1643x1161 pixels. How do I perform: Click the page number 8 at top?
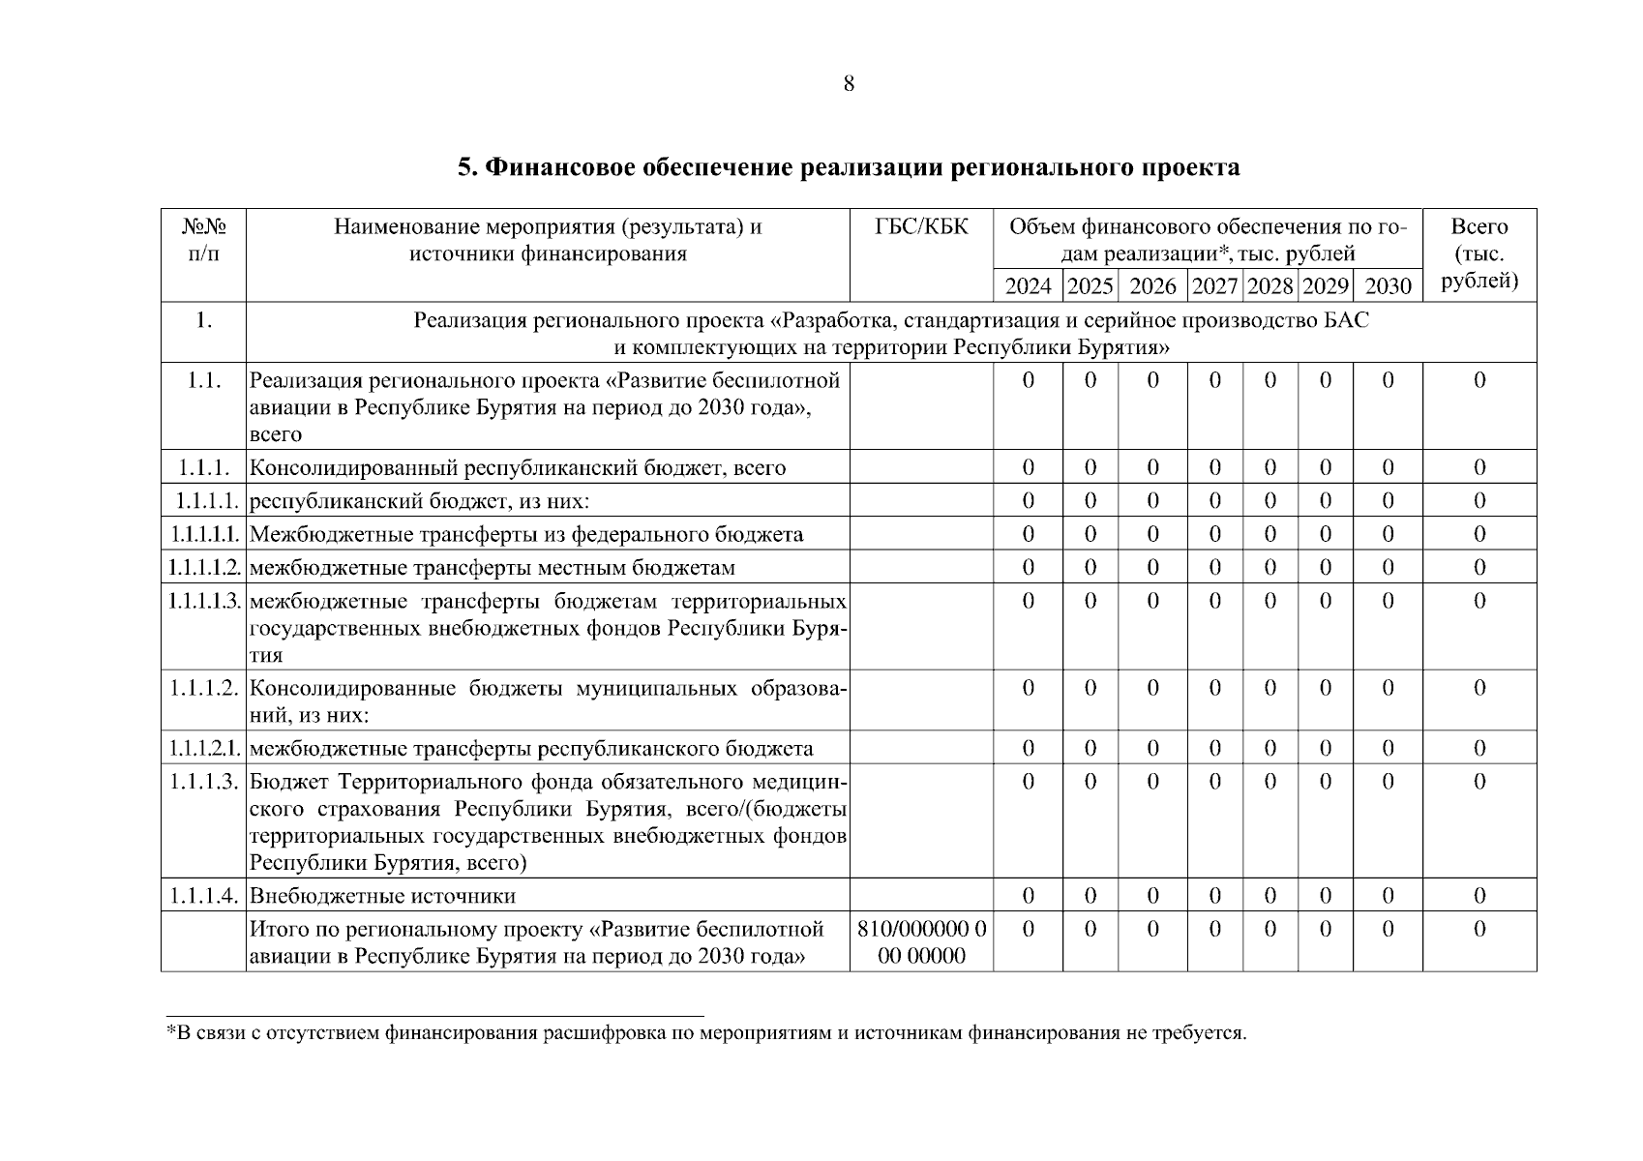(x=849, y=84)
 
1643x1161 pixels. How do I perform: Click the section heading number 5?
(x=466, y=168)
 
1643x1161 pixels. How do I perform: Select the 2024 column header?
(x=1028, y=286)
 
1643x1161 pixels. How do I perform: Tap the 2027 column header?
(x=1214, y=286)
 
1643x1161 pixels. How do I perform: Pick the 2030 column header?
(x=1388, y=286)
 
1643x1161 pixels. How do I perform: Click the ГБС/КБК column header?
(x=921, y=227)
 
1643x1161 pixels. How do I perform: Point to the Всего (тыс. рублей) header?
(x=1479, y=253)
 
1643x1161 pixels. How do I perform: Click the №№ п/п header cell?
(x=203, y=240)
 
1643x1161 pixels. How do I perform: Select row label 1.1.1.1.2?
(x=203, y=568)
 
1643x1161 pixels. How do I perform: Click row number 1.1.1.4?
(x=203, y=896)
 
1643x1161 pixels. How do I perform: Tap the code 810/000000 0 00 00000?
(x=921, y=942)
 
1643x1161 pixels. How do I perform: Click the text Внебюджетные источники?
(x=383, y=896)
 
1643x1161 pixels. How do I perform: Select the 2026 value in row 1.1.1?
(x=1152, y=468)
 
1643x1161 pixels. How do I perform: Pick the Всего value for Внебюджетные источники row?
(x=1479, y=896)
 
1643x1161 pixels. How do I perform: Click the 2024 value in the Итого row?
(x=1028, y=930)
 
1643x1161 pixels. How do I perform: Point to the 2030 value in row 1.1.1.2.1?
(x=1388, y=748)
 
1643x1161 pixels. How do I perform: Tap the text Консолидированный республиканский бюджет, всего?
(x=518, y=468)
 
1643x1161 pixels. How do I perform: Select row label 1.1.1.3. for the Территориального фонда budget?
(x=203, y=782)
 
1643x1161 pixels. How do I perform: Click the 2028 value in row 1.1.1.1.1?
(x=1270, y=534)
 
